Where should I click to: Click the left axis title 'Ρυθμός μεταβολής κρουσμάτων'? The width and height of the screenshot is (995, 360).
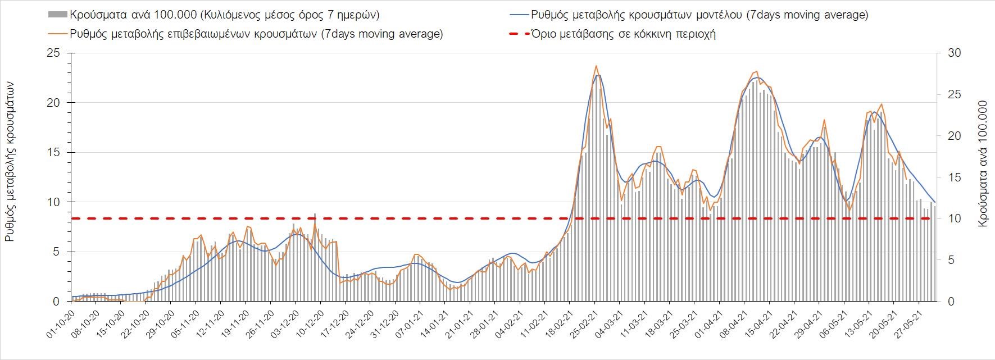pos(10,161)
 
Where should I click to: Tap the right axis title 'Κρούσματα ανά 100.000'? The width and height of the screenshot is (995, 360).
pos(983,164)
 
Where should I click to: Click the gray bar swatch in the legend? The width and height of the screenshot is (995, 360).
pos(58,15)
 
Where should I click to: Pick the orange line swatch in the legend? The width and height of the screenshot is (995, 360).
pos(58,34)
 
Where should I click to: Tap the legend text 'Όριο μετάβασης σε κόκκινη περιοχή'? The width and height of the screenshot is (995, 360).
pos(624,34)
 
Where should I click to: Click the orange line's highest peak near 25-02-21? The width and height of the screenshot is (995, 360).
pos(596,66)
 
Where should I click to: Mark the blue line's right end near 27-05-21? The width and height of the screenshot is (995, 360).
pos(934,202)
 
